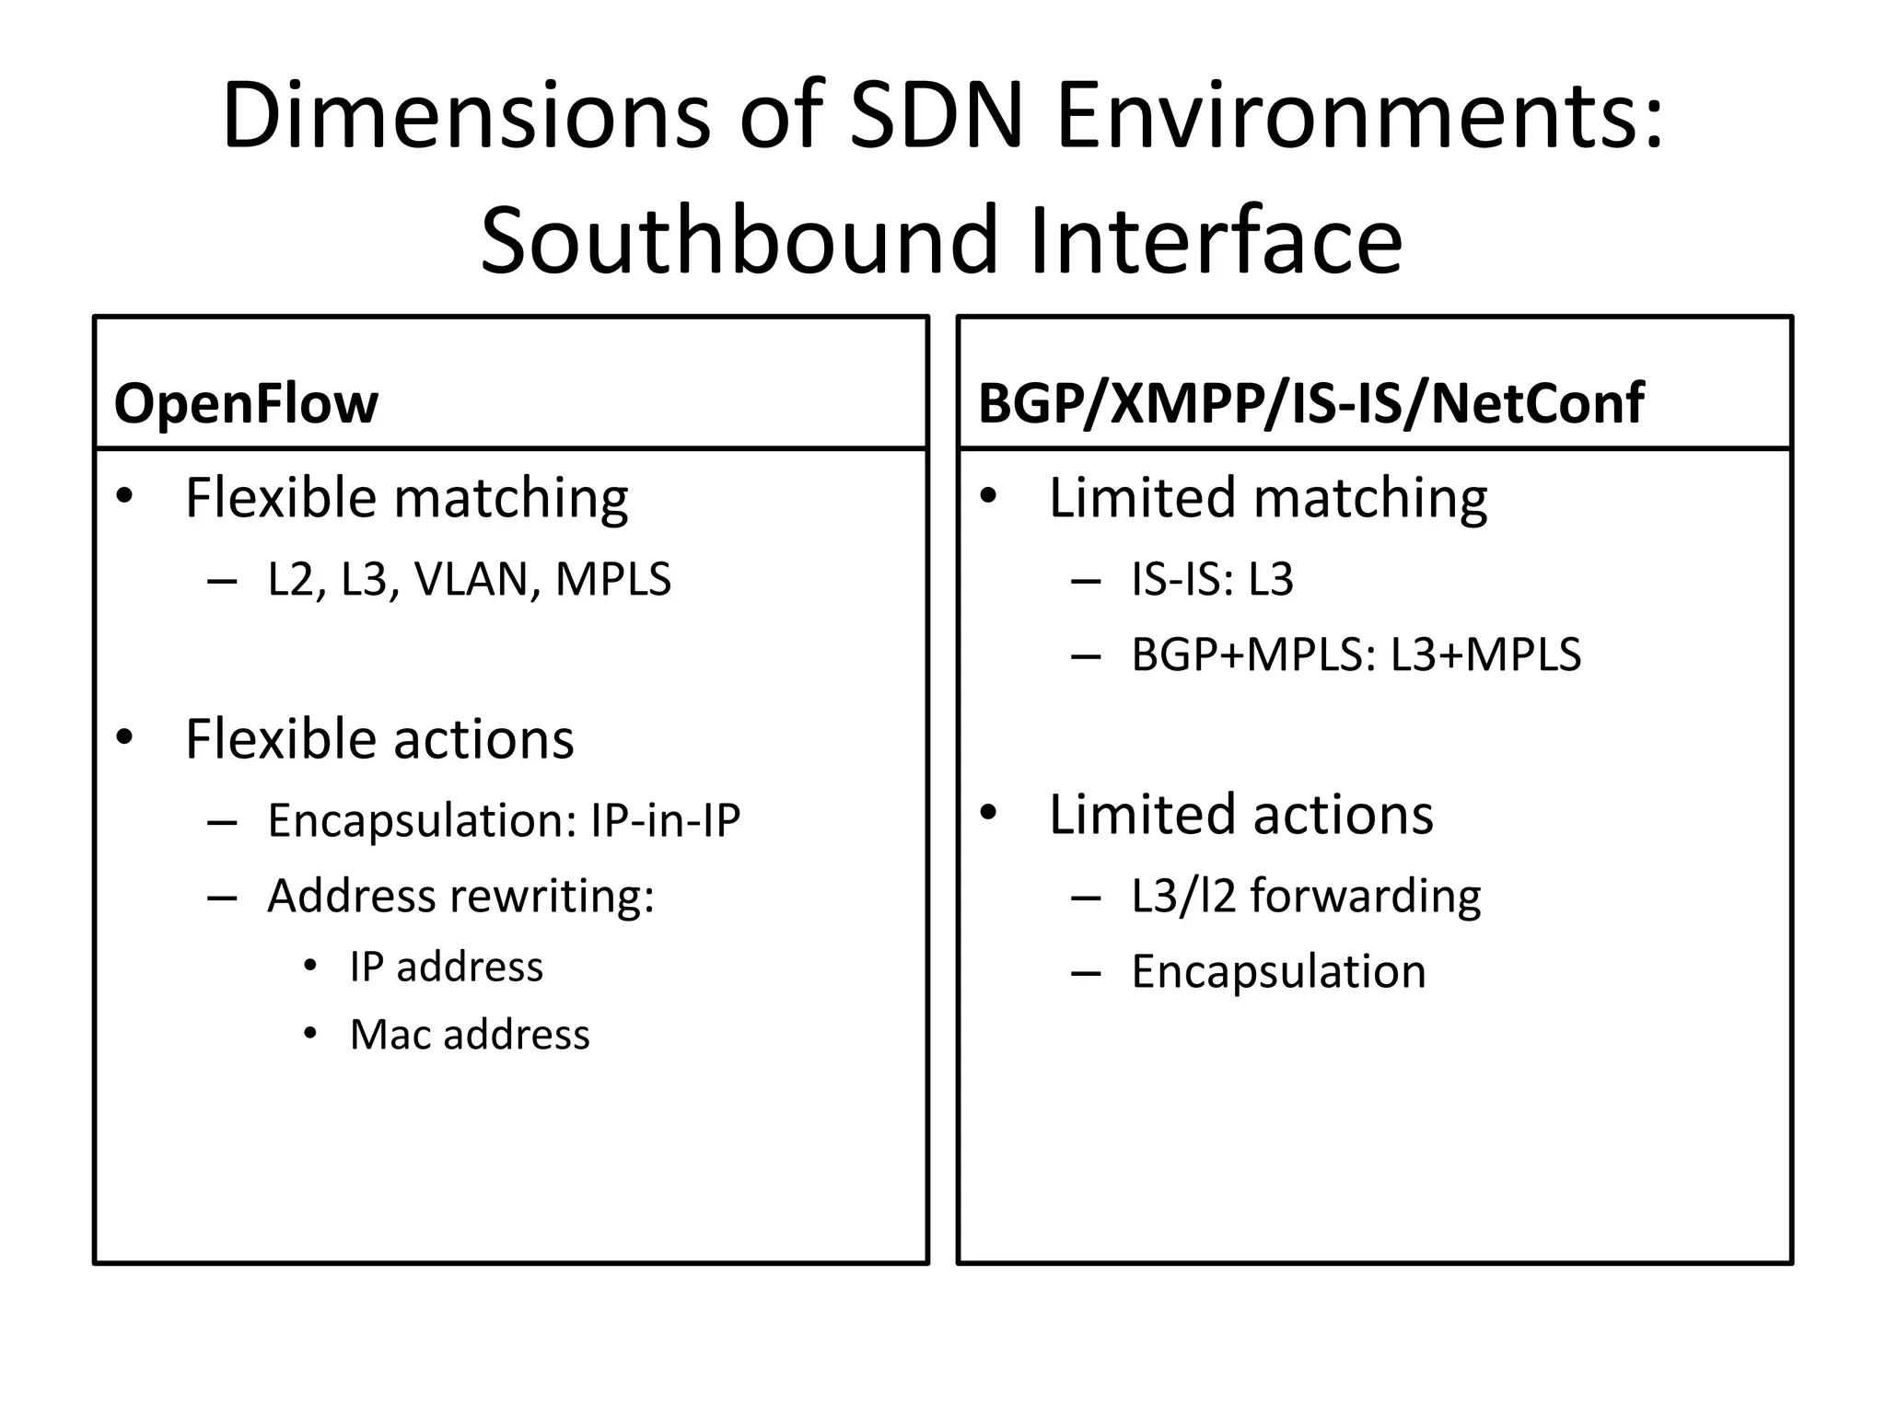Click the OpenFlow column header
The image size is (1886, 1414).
(246, 403)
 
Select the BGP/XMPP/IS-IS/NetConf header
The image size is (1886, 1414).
(1310, 403)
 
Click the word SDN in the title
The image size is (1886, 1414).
(936, 117)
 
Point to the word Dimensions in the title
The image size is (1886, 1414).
(466, 117)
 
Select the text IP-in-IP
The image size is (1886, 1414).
(665, 820)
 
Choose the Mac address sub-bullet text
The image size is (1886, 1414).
(470, 1035)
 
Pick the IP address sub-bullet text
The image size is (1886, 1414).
(447, 968)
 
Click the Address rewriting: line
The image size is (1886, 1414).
(460, 896)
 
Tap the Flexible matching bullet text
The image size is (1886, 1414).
(406, 498)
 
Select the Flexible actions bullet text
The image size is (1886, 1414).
(379, 739)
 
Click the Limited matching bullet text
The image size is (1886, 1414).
(1268, 498)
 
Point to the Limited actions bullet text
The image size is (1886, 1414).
(1241, 815)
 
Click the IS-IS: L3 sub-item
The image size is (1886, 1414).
(1212, 579)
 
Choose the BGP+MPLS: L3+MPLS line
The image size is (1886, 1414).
(1356, 655)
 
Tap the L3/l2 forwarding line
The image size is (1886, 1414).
(1306, 896)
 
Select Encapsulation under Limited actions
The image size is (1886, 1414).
(1278, 971)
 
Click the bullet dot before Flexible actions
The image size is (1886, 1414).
(125, 737)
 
